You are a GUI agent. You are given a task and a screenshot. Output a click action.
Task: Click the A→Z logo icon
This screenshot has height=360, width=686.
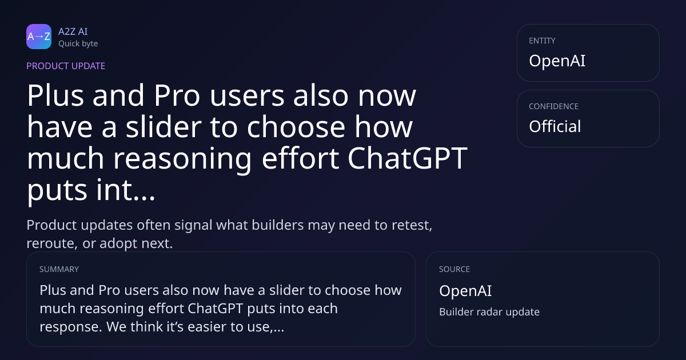click(x=39, y=37)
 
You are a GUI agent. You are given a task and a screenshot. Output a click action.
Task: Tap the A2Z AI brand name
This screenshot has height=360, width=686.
click(x=73, y=31)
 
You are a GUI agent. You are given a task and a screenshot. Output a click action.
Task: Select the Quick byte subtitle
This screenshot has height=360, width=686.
click(x=78, y=44)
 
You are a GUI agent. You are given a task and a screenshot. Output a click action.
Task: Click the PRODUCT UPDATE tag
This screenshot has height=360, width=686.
click(x=66, y=66)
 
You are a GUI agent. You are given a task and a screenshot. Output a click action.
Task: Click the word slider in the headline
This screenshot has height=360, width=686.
click(x=163, y=127)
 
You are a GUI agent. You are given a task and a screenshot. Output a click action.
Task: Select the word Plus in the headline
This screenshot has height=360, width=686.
click(x=55, y=95)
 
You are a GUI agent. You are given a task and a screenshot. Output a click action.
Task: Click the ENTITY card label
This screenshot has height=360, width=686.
click(x=542, y=41)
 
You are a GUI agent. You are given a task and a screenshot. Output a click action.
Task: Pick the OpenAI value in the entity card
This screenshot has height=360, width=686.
click(x=557, y=61)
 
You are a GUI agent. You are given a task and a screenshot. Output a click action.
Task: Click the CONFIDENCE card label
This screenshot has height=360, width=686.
click(x=554, y=106)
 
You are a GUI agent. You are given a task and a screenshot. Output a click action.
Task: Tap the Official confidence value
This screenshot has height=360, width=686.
click(x=555, y=126)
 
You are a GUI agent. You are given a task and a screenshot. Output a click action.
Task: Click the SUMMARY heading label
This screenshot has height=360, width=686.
click(x=59, y=269)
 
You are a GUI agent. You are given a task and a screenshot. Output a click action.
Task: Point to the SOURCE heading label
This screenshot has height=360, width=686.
click(x=454, y=269)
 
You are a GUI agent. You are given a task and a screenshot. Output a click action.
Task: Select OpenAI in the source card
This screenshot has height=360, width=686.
click(x=465, y=290)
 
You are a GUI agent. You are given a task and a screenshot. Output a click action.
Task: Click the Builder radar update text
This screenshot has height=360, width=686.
click(x=489, y=311)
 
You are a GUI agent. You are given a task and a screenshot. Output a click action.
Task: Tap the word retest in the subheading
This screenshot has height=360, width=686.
click(x=412, y=225)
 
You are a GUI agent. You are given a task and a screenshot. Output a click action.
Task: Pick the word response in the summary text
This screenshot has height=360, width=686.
click(x=71, y=327)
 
